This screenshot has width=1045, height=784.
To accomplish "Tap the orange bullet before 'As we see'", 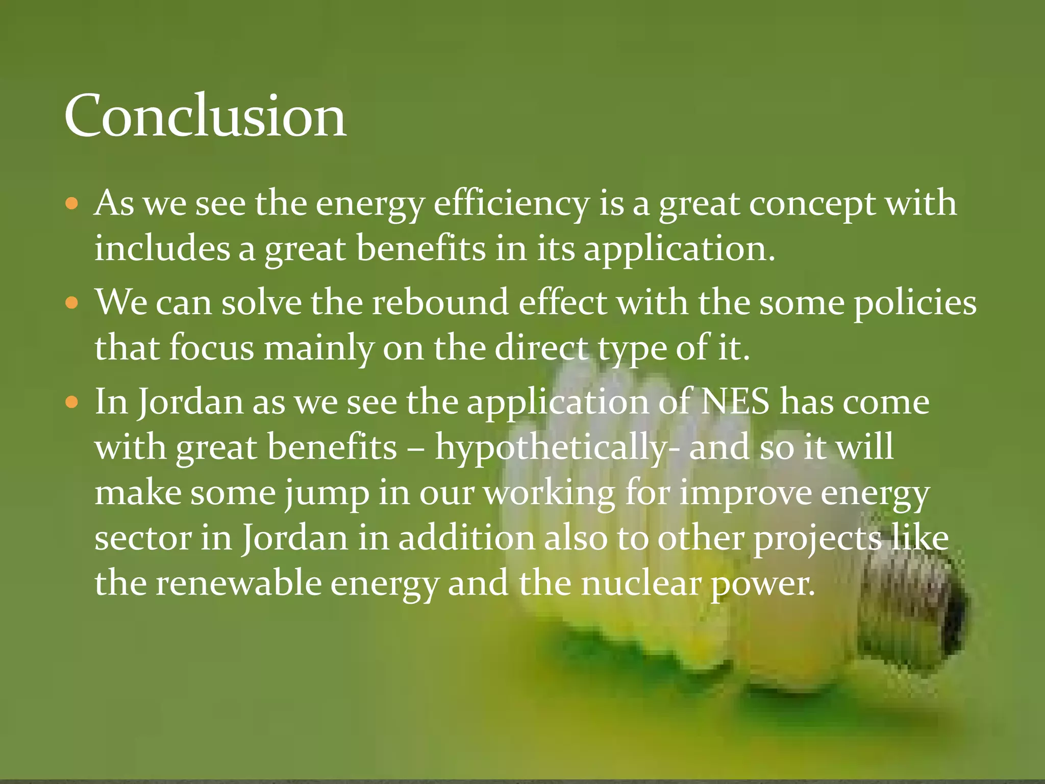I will pos(72,204).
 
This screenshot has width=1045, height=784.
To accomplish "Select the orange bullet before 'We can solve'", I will pos(72,303).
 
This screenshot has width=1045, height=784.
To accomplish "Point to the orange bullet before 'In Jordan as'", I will pos(72,402).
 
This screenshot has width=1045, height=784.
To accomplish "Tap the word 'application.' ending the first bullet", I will pos(679,250).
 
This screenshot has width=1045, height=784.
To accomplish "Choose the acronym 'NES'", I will pos(735,401).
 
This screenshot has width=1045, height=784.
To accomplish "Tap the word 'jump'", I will pos(327,494).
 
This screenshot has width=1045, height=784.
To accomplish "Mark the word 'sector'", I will pos(143,538).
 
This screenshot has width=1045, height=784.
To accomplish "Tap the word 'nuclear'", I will pos(641,583).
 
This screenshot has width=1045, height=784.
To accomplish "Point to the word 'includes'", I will pos(162,249).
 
